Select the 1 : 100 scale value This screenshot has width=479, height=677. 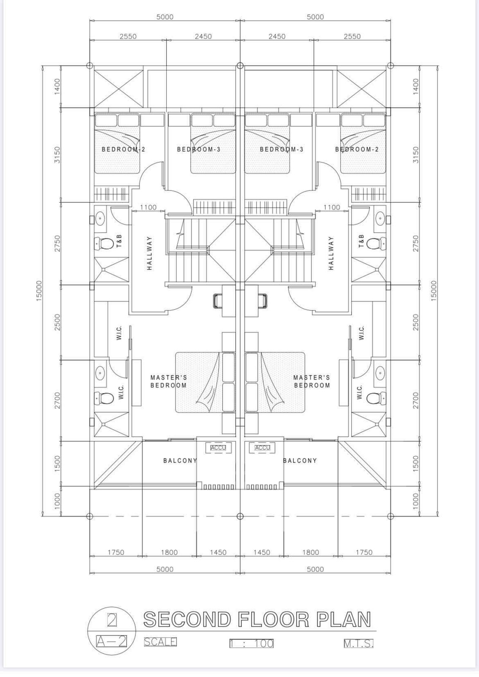tap(251, 643)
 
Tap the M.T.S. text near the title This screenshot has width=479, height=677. tap(358, 644)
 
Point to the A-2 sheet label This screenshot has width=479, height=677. tap(111, 641)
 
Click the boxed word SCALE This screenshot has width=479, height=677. tap(160, 641)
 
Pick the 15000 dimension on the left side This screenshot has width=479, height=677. tap(39, 291)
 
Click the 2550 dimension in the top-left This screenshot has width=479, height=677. tap(128, 36)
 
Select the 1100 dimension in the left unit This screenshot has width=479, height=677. tap(149, 207)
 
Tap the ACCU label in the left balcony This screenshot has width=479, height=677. tap(218, 448)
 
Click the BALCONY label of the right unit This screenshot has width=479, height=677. tap(300, 461)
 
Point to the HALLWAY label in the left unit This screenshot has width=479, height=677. tap(149, 253)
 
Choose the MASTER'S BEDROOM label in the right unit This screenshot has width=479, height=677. tap(312, 381)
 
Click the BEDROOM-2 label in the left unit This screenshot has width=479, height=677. tap(123, 149)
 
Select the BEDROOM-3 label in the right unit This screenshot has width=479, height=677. tap(281, 149)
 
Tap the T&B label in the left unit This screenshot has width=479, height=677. tap(120, 241)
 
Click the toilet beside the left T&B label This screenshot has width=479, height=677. tap(102, 243)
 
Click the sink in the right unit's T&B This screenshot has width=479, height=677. tap(380, 217)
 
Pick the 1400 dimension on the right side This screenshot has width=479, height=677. tap(416, 86)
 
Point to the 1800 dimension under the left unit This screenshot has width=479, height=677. tap(169, 553)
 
